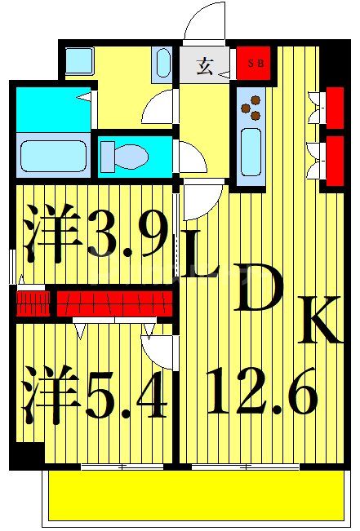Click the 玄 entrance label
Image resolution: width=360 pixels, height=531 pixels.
204,67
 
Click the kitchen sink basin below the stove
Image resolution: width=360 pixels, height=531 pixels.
251,152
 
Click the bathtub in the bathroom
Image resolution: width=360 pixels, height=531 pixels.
52,155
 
